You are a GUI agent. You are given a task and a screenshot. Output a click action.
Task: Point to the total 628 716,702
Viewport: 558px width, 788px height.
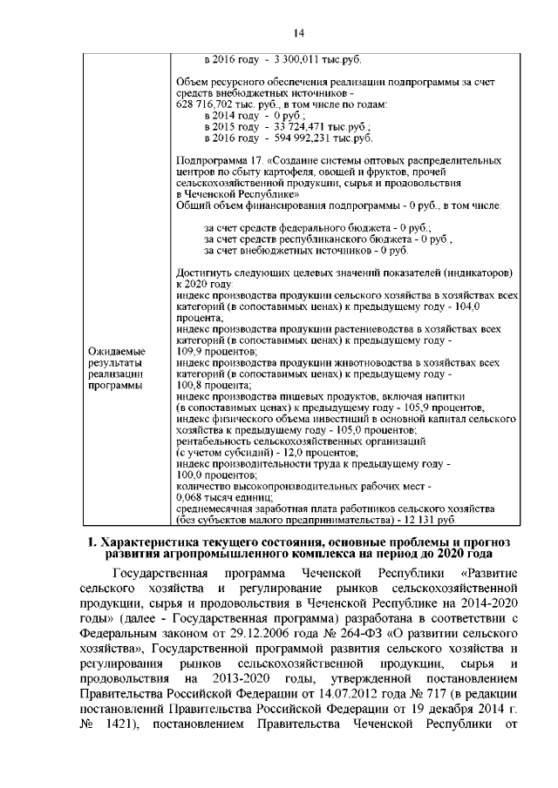tap(206, 104)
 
